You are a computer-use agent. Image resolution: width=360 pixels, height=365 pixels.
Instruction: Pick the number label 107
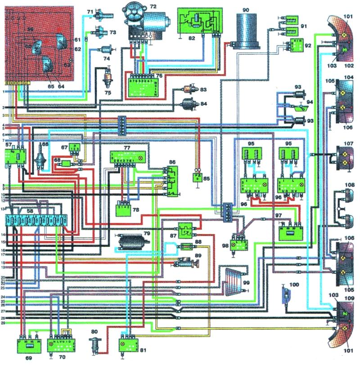click(x=349, y=145)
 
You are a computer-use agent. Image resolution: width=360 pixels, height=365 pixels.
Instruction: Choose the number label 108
click(x=349, y=185)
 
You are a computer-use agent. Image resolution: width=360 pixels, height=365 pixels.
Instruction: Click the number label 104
click(x=349, y=77)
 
